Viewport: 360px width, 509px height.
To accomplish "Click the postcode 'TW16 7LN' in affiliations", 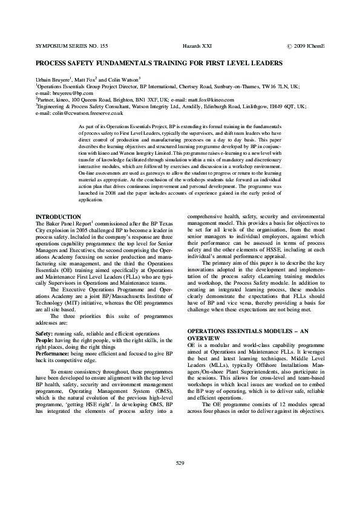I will [277, 86].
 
